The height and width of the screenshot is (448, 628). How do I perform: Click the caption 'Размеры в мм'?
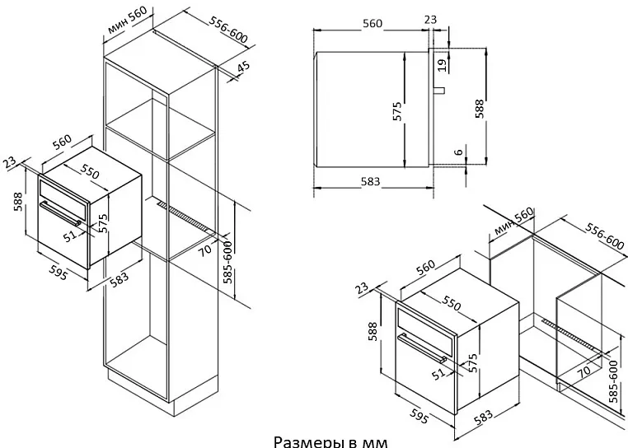tap(329, 441)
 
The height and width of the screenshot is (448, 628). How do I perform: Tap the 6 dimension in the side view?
tap(459, 152)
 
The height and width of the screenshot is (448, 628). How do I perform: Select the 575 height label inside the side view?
tap(397, 113)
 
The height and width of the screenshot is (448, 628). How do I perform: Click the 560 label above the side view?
tap(373, 23)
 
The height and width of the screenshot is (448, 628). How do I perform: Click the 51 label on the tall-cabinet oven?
tap(70, 235)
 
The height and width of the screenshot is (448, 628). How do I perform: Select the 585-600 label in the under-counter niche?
tap(613, 379)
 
